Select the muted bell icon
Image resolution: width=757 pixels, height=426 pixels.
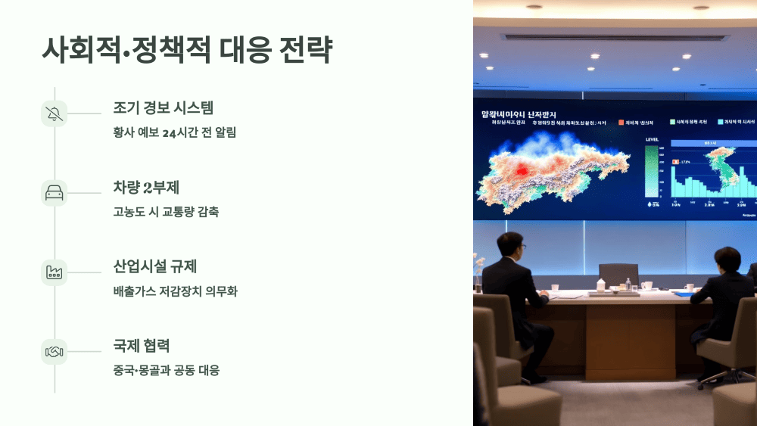[55, 113]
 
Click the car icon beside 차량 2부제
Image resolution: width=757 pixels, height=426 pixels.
[55, 193]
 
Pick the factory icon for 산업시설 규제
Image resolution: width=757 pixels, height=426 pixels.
[55, 272]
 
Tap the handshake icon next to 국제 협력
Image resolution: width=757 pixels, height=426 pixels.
[55, 352]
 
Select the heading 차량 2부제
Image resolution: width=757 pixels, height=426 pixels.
[146, 188]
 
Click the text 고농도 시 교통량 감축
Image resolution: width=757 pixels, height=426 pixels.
[166, 212]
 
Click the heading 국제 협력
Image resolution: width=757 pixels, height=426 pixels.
[141, 346]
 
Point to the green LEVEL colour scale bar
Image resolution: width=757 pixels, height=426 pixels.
[652, 171]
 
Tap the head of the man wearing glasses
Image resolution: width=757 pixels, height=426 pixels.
[511, 246]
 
